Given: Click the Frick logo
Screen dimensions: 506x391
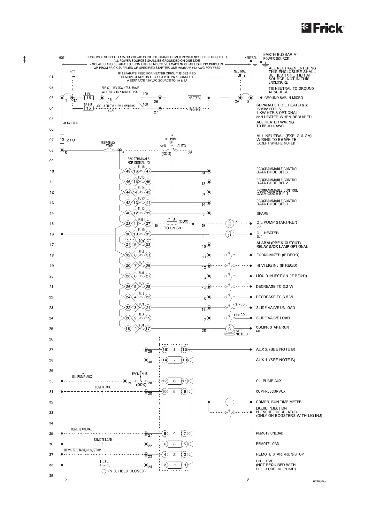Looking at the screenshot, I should coord(323,28).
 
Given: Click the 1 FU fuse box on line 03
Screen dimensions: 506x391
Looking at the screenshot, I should coord(88,98).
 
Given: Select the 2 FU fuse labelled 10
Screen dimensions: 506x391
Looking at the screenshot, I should coord(62,140).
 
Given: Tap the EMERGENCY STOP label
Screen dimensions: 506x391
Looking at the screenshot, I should coord(108,144).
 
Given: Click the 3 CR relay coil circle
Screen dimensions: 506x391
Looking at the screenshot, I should coord(229,224).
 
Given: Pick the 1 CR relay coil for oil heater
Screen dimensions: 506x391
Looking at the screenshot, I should coord(229,234).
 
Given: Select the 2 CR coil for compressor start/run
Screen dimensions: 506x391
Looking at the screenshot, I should coord(229,328).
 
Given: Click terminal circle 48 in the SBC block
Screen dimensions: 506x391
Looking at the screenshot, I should coord(128,171).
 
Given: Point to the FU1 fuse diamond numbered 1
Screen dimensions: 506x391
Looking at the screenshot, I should coord(135,329).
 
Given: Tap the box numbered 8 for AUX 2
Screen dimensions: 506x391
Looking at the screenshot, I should coord(174,349).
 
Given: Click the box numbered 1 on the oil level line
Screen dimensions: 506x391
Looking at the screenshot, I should coord(174,465).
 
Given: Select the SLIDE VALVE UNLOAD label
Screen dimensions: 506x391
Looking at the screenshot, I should coord(275,308).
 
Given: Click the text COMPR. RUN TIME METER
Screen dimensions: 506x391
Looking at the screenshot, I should coord(279,402).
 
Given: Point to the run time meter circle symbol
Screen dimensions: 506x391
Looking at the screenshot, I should coord(229,402).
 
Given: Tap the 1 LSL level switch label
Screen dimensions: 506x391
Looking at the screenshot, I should coord(104,462).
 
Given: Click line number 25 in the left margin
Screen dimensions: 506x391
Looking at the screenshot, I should coord(51,329).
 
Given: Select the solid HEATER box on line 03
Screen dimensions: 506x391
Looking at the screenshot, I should coord(194,98).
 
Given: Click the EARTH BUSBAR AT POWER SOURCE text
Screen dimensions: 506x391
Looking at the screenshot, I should coord(280,57).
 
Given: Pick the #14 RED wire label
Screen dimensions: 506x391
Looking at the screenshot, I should coord(71,123).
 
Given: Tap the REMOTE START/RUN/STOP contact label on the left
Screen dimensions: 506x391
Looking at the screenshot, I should coord(82,450).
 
